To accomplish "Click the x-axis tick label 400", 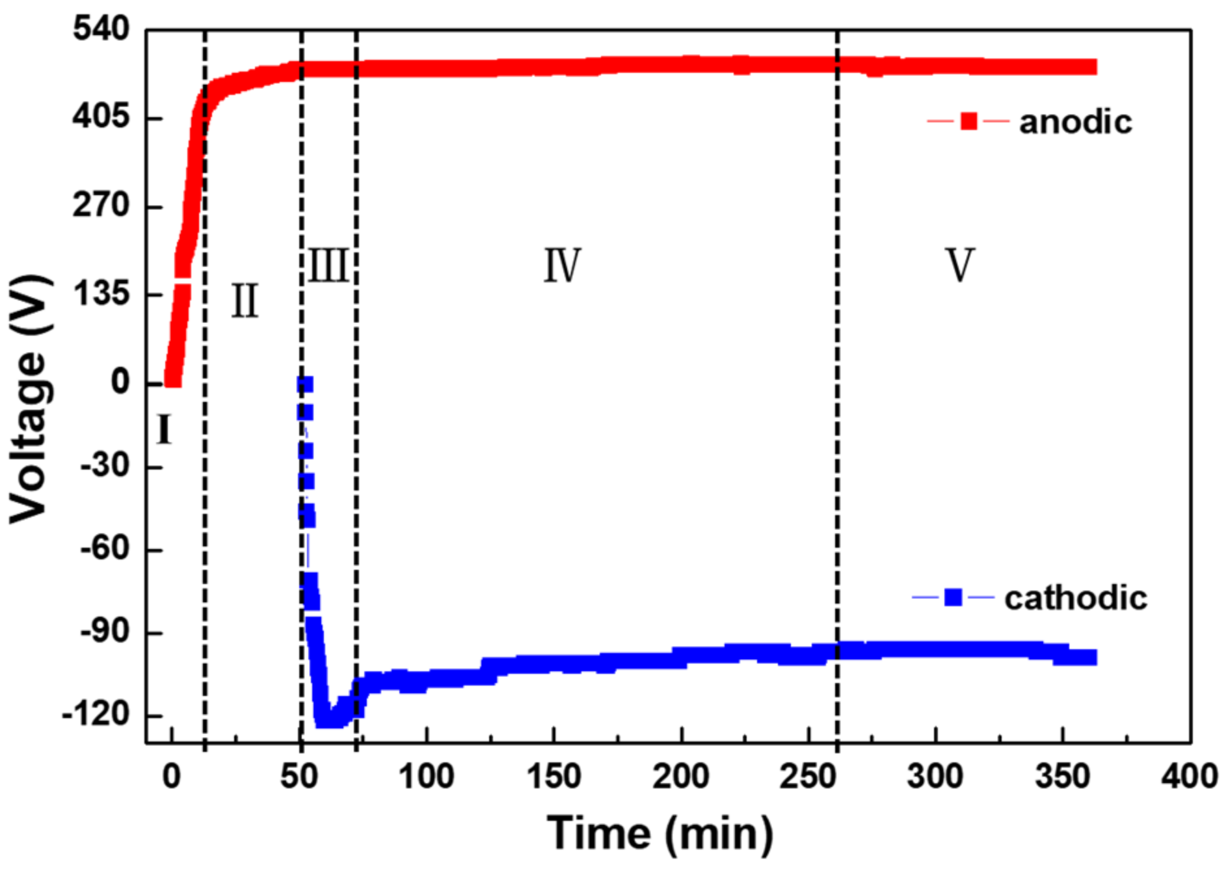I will [1190, 777].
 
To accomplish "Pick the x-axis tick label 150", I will [554, 777].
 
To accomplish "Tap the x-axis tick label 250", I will [808, 777].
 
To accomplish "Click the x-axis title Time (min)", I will [660, 833].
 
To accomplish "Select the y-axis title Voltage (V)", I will [29, 399].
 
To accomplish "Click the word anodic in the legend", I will [1075, 122].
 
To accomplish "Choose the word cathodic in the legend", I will [1076, 598].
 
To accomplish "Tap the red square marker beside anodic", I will [968, 121].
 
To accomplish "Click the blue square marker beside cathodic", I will [953, 597].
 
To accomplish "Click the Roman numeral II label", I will [245, 301].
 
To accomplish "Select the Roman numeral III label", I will [328, 265].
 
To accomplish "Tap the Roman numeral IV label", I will [562, 265].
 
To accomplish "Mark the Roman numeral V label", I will [960, 265].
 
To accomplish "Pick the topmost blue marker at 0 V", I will [305, 384].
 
